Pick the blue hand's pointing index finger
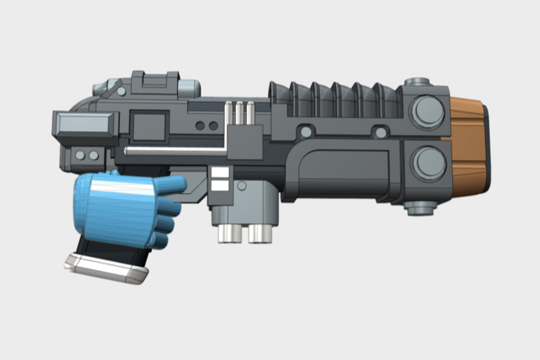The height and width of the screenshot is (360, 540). (x=170, y=185)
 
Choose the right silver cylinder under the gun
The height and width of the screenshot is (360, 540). (x=259, y=233)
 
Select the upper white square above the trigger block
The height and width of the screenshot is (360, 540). (x=219, y=173)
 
